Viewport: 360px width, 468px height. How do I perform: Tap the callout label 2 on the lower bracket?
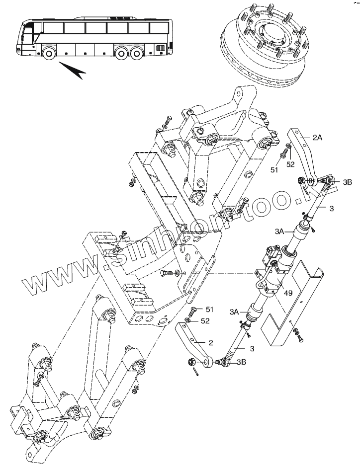click(211, 342)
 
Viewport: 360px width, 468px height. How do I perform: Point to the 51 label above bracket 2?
click(209, 310)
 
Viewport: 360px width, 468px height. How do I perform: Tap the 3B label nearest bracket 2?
click(241, 363)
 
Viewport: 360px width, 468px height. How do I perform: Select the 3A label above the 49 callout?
click(279, 231)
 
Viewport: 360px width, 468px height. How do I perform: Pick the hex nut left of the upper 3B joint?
click(301, 180)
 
